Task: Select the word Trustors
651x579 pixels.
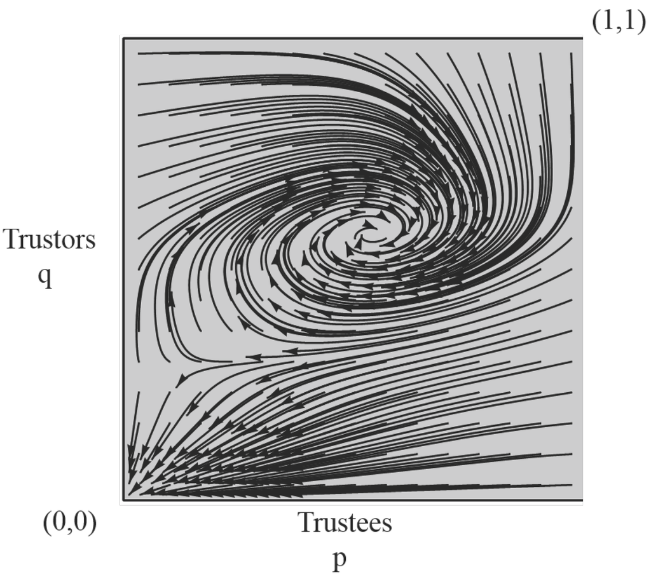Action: coord(50,240)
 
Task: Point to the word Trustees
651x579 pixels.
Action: coord(345,523)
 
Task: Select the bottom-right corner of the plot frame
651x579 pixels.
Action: coord(582,500)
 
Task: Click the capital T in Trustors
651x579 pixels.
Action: coord(12,240)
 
